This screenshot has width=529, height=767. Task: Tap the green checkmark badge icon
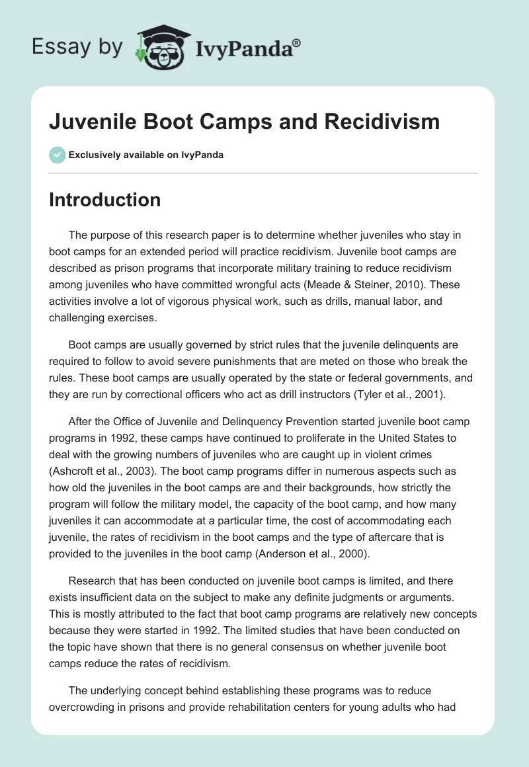coord(57,155)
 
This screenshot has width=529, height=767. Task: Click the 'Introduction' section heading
coord(104,200)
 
